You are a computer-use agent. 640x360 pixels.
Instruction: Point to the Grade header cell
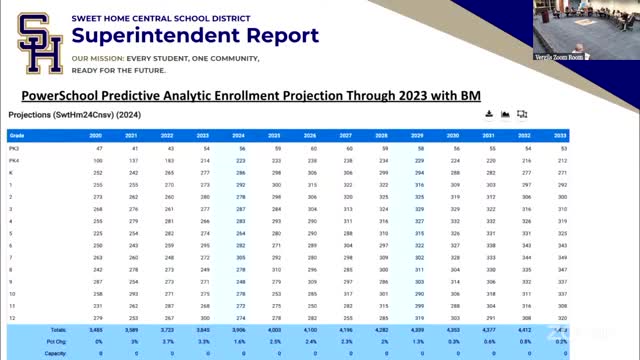click(17, 135)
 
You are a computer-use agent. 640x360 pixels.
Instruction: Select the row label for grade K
click(11, 172)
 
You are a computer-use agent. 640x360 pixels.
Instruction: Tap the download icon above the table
click(489, 115)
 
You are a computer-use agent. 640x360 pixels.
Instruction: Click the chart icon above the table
click(506, 115)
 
